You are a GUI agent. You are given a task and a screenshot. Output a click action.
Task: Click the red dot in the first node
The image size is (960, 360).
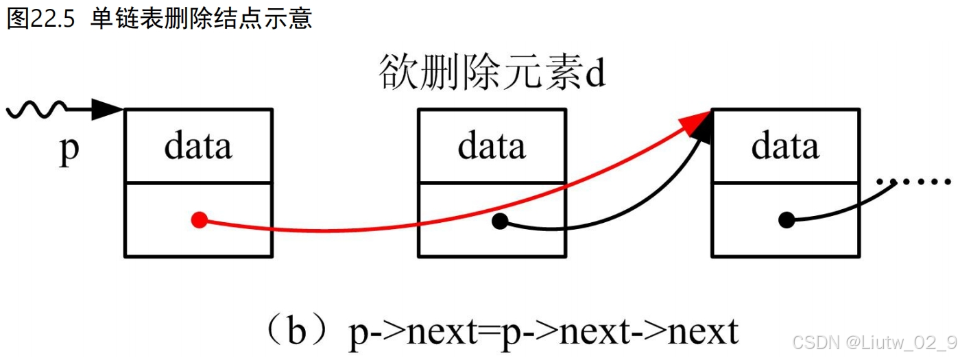click(199, 220)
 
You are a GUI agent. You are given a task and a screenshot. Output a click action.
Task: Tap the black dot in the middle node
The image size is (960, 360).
click(500, 221)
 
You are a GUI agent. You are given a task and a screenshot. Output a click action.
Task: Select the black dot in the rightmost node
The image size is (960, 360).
click(787, 220)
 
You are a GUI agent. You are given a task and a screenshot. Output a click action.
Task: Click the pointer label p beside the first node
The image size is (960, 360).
click(69, 150)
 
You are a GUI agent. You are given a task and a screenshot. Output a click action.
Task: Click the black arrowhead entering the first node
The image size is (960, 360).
click(106, 108)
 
